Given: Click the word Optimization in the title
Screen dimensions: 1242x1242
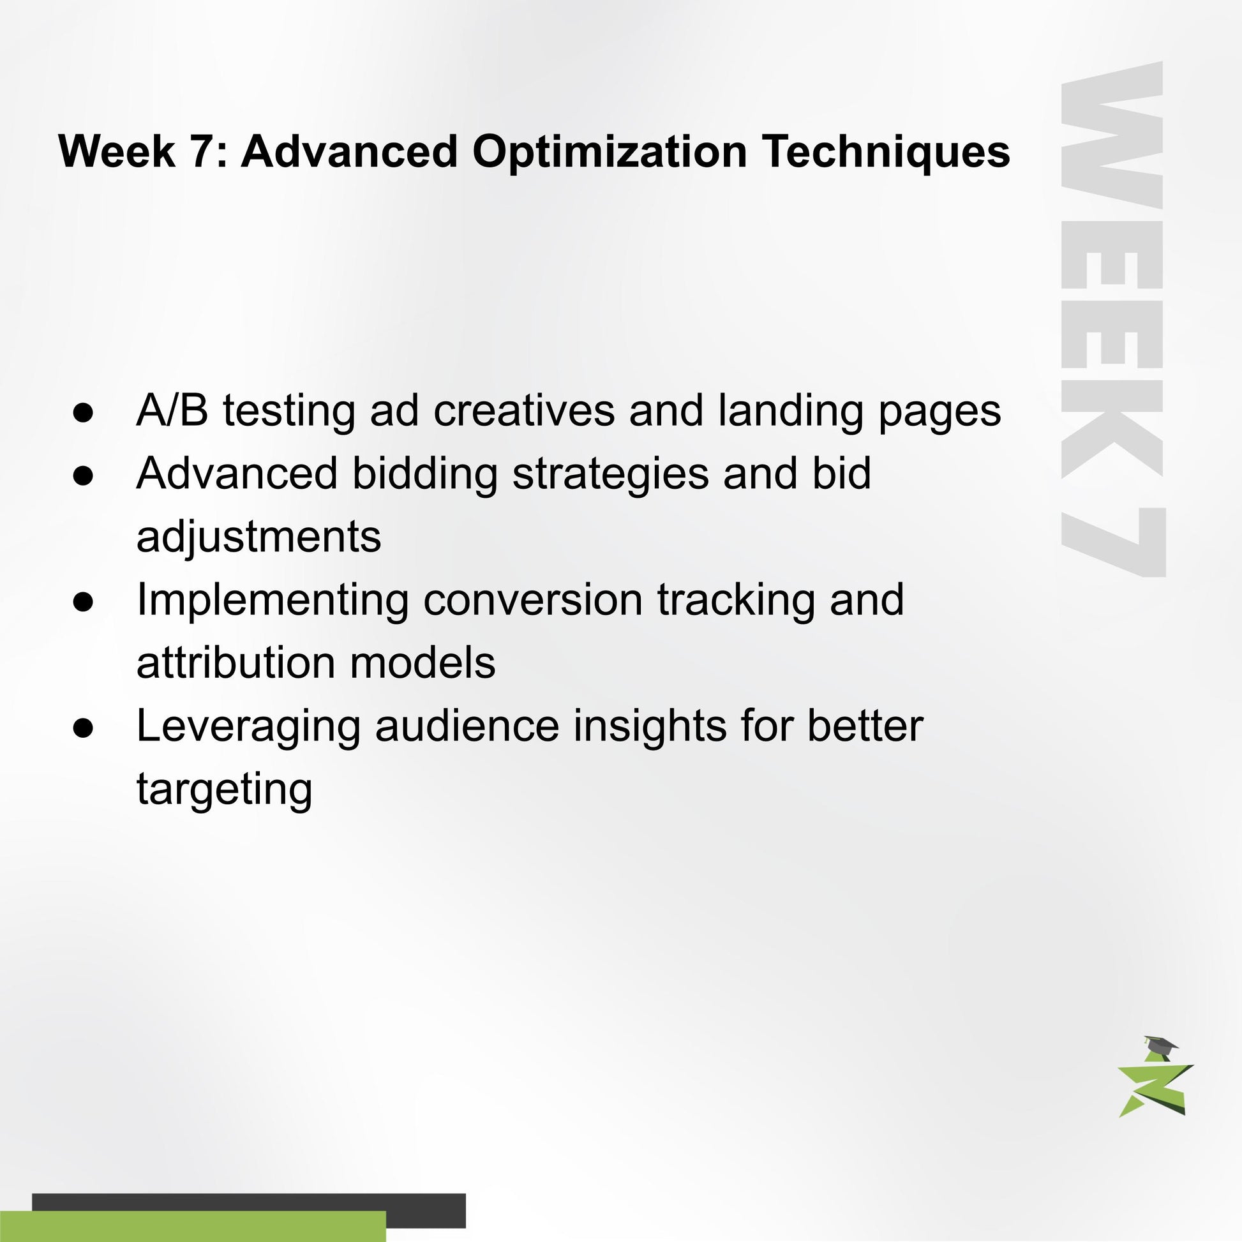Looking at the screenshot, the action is [610, 153].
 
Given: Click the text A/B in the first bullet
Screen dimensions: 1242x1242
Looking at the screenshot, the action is [172, 410].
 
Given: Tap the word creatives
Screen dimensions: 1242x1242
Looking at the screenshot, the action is [524, 410].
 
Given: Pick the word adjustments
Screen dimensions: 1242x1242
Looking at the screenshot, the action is [258, 537].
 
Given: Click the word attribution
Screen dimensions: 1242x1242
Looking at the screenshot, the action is [236, 662].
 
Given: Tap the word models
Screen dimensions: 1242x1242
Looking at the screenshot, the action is [423, 662].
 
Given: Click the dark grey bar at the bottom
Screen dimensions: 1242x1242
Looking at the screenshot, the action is [249, 1211].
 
